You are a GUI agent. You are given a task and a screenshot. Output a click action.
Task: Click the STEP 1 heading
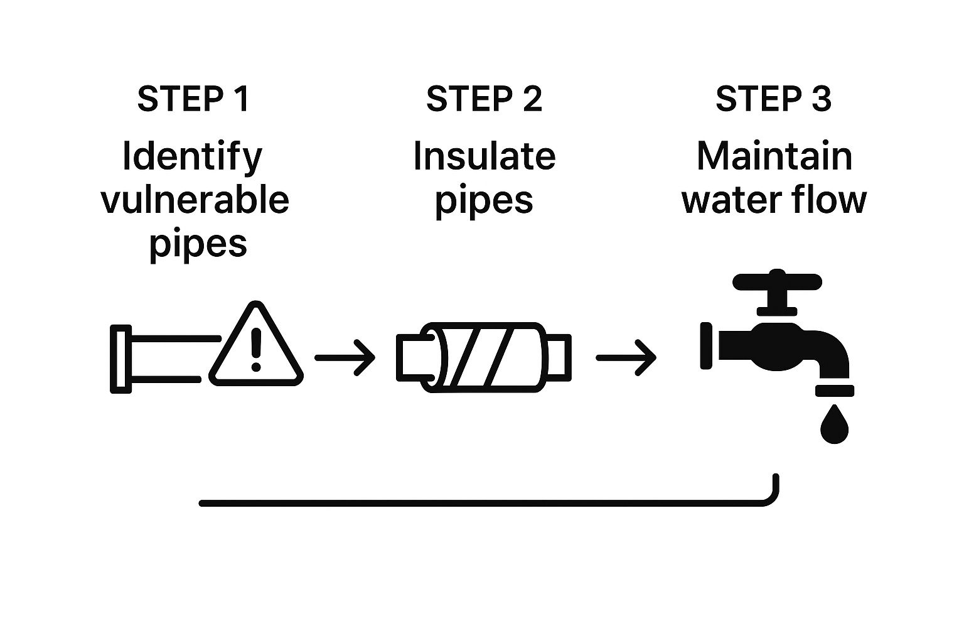click(193, 99)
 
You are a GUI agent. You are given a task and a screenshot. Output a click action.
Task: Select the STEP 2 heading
click(484, 99)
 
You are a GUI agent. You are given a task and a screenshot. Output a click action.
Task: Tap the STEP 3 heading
click(773, 99)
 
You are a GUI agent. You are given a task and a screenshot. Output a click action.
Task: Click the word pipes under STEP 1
click(198, 244)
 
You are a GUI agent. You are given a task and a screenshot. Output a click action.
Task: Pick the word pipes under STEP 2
click(484, 201)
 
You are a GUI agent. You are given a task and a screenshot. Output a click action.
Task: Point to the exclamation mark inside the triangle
click(255, 350)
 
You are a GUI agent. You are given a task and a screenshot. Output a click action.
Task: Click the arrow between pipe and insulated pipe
click(345, 358)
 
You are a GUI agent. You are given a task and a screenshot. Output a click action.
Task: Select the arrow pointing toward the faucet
click(626, 358)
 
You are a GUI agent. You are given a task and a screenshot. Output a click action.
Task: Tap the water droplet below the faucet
click(834, 425)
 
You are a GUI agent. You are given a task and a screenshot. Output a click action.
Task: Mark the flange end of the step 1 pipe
click(120, 359)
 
